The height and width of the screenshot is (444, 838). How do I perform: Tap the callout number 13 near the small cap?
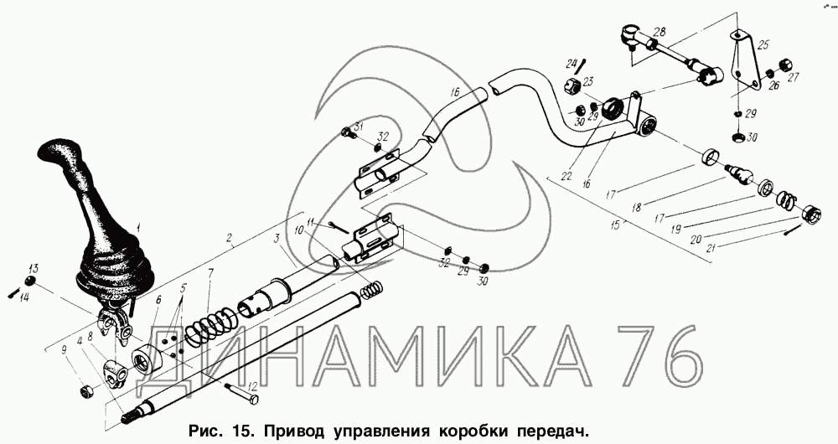pyautogui.click(x=34, y=268)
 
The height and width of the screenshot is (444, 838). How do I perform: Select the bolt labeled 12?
pyautogui.click(x=242, y=393)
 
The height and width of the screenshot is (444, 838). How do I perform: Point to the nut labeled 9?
pyautogui.click(x=85, y=392)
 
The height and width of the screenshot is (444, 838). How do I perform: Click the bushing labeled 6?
pyautogui.click(x=146, y=361)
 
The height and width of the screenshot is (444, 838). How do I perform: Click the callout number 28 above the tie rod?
pyautogui.click(x=660, y=32)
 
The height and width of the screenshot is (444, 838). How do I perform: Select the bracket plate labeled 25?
pyautogui.click(x=743, y=59)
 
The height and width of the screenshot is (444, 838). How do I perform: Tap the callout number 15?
pyautogui.click(x=615, y=225)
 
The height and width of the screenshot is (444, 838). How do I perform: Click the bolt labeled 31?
pyautogui.click(x=349, y=132)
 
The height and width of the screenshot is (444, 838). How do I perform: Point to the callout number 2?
pyautogui.click(x=229, y=239)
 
